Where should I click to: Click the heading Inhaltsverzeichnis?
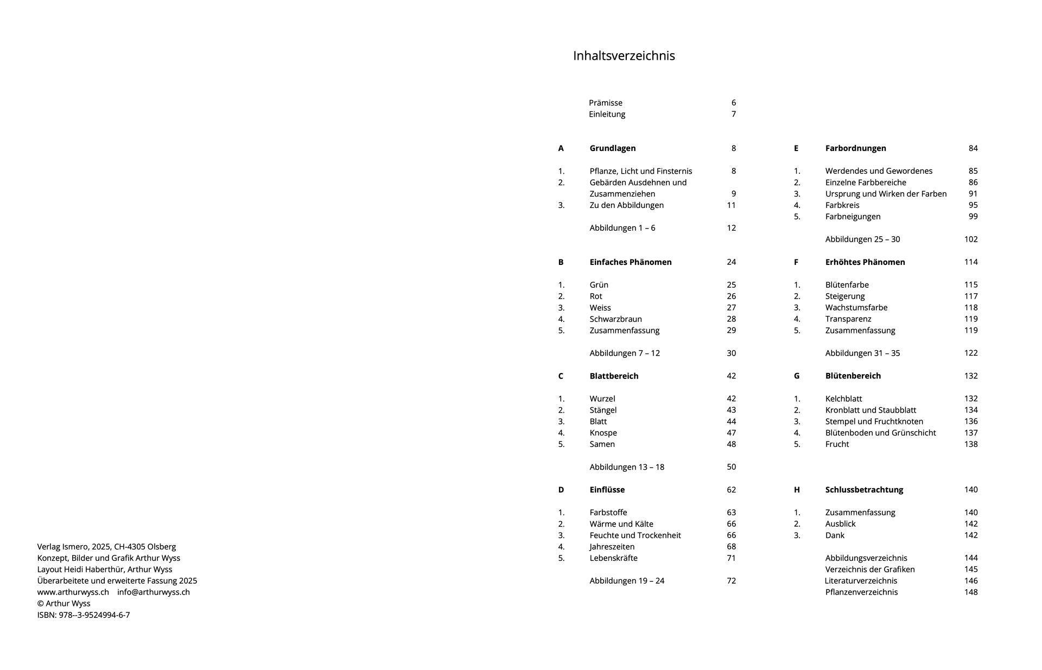[x=624, y=56]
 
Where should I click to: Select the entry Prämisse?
[x=605, y=103]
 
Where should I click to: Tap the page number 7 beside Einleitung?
[x=733, y=114]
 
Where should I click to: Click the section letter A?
[x=561, y=148]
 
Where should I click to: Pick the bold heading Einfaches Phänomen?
[x=630, y=262]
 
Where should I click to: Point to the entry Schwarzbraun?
[x=615, y=319]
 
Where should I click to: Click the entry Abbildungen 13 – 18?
[x=626, y=467]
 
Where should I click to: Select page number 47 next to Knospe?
[x=731, y=433]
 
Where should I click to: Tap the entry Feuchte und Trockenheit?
[x=635, y=535]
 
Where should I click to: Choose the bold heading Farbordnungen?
[x=855, y=148]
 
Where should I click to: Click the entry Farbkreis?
[x=842, y=205]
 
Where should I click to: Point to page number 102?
[x=970, y=239]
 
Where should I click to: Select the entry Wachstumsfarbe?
[x=856, y=308]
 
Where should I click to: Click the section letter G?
[x=796, y=376]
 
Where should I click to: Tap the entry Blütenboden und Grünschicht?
[x=880, y=433]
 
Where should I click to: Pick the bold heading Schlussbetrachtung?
[x=864, y=490]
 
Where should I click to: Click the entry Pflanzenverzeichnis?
[x=861, y=592]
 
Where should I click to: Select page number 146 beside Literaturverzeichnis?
[x=970, y=581]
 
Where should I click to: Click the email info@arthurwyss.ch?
[x=153, y=592]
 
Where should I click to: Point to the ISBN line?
[x=84, y=615]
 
